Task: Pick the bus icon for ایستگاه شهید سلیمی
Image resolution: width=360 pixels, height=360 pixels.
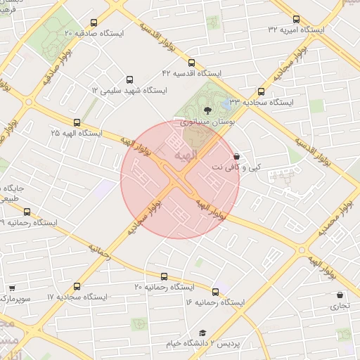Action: [129, 80]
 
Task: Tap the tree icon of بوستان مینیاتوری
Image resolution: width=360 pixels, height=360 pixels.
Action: [207, 109]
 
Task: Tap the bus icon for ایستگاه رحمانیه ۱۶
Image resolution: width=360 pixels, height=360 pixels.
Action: [215, 290]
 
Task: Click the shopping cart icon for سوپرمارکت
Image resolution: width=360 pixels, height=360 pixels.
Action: [11, 288]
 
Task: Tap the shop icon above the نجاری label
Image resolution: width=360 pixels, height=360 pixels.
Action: [340, 295]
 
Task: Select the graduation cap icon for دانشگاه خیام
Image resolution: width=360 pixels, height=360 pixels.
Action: [202, 333]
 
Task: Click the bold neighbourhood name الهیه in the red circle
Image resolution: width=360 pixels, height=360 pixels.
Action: [205, 153]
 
